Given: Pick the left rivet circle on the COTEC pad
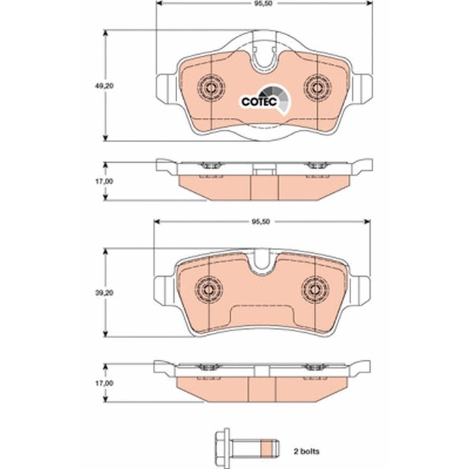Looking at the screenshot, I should point(212,86).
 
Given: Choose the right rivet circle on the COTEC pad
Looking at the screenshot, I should point(317,86).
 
